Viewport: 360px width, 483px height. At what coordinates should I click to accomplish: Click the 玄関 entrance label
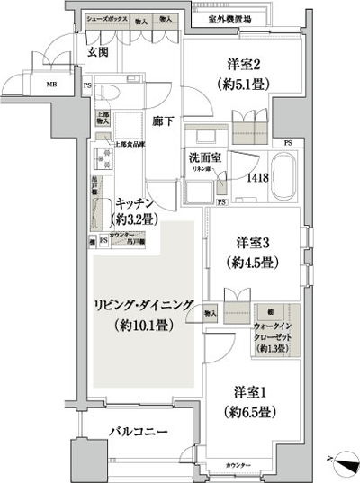[x=98, y=51]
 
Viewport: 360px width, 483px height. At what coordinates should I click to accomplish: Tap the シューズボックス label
[x=105, y=18]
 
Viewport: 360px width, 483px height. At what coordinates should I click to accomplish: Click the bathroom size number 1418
[x=258, y=177]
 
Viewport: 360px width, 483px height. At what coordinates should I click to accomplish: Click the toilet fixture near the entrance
[x=109, y=94]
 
